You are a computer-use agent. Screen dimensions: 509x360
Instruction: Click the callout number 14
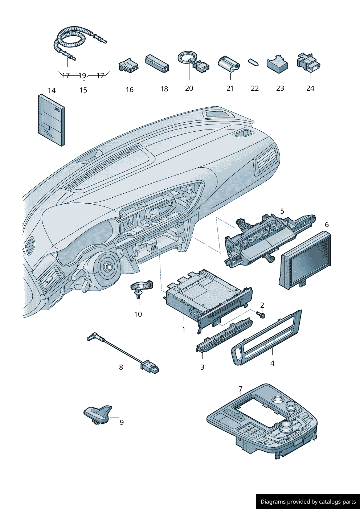[x=52, y=90]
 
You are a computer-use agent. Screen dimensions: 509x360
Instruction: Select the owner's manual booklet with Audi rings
[x=51, y=120]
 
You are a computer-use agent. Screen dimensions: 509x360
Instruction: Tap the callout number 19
[x=82, y=75]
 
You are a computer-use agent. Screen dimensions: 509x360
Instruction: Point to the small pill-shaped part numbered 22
[x=253, y=62]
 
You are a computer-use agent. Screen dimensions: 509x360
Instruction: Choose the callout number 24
[x=310, y=88]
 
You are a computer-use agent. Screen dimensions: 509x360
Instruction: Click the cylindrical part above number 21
[x=229, y=63]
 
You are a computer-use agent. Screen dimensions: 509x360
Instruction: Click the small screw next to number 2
[x=261, y=315]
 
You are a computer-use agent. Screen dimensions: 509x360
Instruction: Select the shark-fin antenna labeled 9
[x=98, y=413]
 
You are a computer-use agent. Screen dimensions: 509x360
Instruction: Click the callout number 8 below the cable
[x=121, y=367]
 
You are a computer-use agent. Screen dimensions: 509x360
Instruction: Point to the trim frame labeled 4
[x=267, y=338]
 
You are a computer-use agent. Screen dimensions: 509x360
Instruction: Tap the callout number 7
[x=240, y=389]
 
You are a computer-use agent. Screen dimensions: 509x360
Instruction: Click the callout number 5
[x=282, y=211]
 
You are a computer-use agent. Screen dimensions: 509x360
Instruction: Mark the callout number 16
[x=130, y=90]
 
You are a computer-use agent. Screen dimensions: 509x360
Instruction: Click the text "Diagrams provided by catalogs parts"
[x=308, y=502]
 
